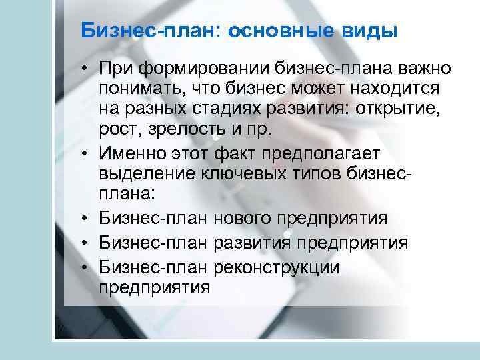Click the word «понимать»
[141, 89]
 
